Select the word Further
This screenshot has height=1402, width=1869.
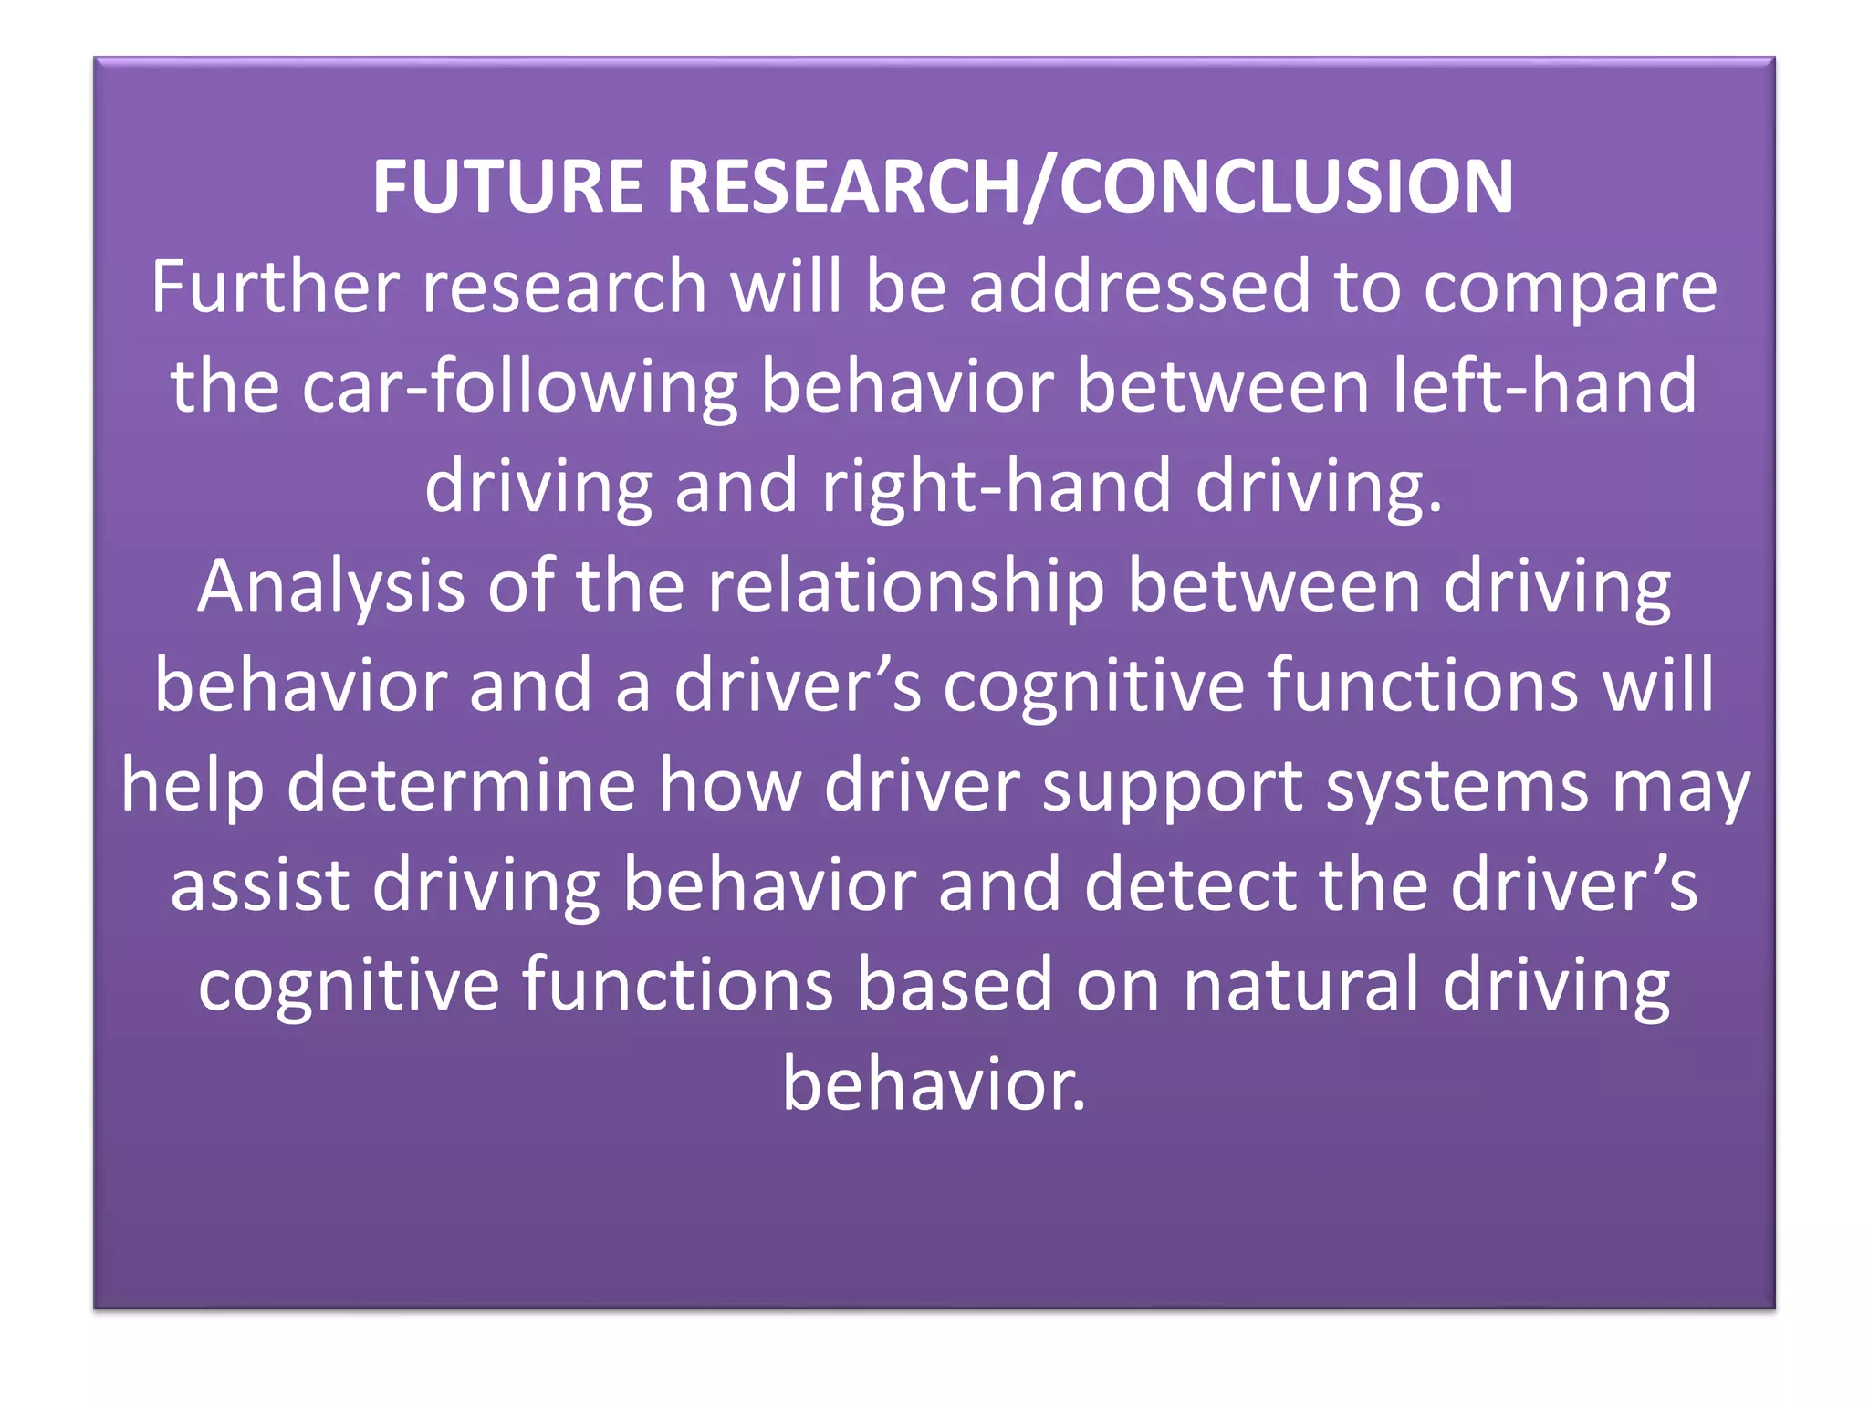click(x=275, y=287)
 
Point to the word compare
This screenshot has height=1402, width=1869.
click(x=1570, y=287)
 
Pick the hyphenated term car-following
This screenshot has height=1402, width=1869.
click(x=519, y=387)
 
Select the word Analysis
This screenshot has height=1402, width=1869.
click(x=330, y=587)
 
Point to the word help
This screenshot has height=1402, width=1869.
click(x=193, y=786)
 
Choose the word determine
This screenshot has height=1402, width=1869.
click(x=461, y=786)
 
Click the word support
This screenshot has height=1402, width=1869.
click(x=1172, y=786)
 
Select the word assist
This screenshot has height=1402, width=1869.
click(x=260, y=885)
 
